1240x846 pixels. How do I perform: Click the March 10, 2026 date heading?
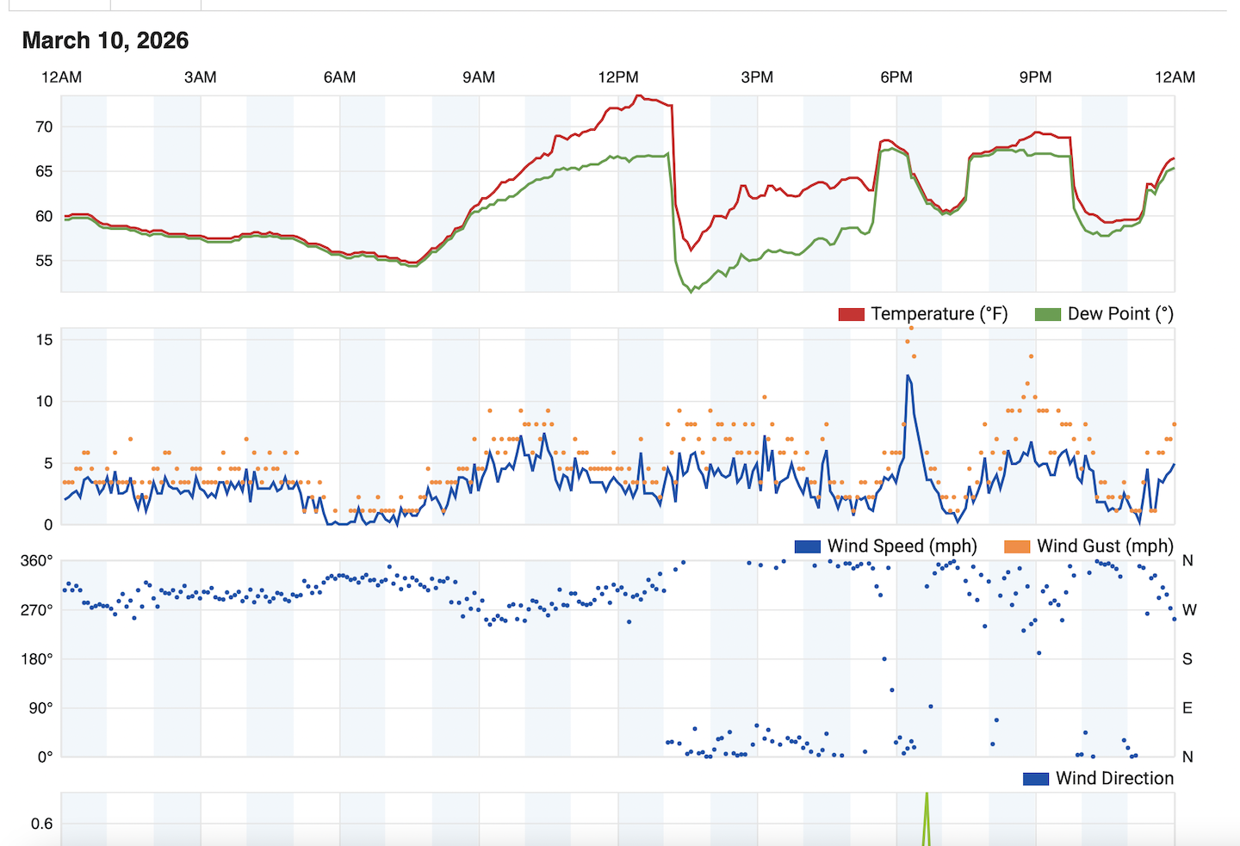click(x=105, y=40)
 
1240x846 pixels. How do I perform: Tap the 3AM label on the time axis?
click(x=201, y=77)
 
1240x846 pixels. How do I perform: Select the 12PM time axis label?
click(x=618, y=77)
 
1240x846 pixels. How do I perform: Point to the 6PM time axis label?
click(x=896, y=77)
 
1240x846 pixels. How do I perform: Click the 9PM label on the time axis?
click(x=1035, y=77)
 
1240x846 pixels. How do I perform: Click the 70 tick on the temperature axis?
click(x=44, y=127)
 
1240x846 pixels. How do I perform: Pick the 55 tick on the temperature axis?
click(x=44, y=261)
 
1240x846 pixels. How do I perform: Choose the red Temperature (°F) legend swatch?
click(x=851, y=314)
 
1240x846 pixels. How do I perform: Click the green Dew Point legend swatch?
click(x=1047, y=314)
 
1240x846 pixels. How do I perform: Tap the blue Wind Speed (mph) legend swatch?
click(x=807, y=547)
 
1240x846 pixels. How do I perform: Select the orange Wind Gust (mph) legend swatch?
click(x=1017, y=547)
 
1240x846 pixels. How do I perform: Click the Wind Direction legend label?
click(x=1114, y=779)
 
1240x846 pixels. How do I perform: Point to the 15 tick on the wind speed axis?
click(x=44, y=340)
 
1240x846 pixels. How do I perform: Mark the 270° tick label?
click(x=37, y=610)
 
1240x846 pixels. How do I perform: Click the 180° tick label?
click(x=37, y=659)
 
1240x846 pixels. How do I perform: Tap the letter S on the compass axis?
click(x=1187, y=659)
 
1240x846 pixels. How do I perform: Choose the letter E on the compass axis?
click(x=1187, y=708)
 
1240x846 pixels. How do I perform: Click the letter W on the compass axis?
click(x=1189, y=610)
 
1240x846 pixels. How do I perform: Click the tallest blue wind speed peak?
click(x=908, y=376)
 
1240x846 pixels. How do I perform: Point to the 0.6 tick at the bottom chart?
click(x=42, y=824)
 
